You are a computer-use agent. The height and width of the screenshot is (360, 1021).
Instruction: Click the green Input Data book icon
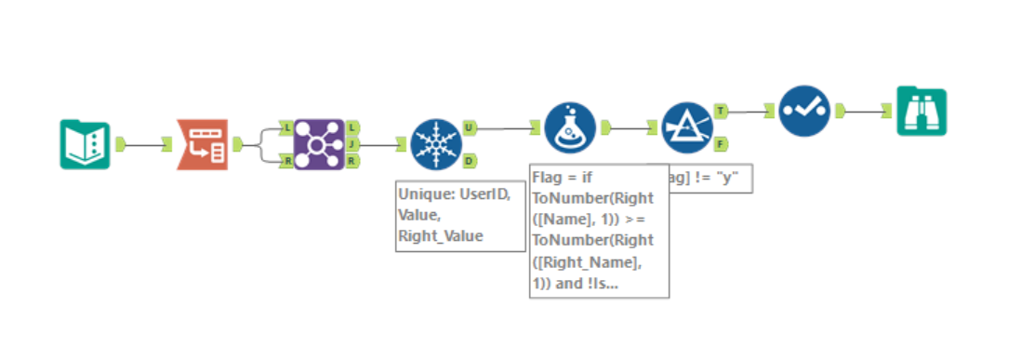click(x=85, y=144)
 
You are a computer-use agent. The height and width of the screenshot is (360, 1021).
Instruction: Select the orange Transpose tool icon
click(x=201, y=144)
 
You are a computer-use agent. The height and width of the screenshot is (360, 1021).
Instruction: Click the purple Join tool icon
click(x=318, y=144)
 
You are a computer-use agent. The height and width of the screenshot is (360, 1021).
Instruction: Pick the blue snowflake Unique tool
click(x=435, y=144)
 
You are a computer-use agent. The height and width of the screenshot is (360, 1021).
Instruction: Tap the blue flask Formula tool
click(x=570, y=127)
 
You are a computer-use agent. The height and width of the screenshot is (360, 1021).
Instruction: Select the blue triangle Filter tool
click(x=686, y=127)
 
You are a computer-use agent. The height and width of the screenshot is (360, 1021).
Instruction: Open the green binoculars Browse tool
click(x=921, y=112)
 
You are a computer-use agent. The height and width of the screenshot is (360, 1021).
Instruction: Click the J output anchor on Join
click(x=353, y=144)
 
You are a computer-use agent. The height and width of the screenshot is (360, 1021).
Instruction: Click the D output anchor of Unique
click(x=471, y=160)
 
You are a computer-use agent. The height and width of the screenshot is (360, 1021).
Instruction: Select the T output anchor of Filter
click(x=722, y=111)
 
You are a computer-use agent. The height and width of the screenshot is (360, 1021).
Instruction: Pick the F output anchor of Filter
click(x=722, y=143)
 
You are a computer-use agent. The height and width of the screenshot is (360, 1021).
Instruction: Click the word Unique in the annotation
click(x=421, y=195)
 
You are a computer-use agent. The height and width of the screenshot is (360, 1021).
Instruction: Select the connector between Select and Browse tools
click(x=869, y=112)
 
